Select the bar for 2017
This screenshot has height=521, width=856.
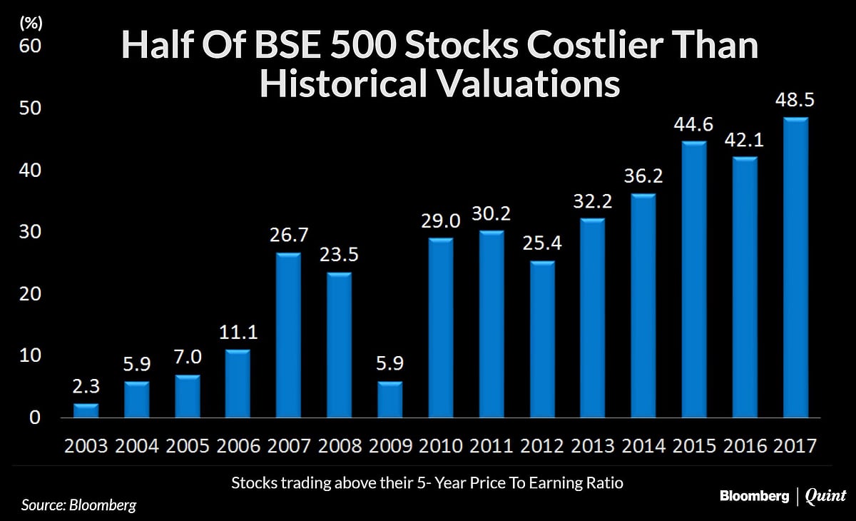[x=796, y=268]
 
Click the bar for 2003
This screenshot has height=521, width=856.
[x=86, y=410]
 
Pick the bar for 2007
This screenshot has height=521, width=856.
[x=289, y=335]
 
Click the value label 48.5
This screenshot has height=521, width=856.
[x=796, y=102]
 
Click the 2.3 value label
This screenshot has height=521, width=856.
[x=86, y=388]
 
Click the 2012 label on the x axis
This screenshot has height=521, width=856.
[x=543, y=446]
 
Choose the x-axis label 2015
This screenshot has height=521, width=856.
[x=695, y=446]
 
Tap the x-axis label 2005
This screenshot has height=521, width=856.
[x=188, y=446]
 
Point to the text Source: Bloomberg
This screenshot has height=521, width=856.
[x=78, y=505]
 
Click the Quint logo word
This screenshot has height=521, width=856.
[x=825, y=496]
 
